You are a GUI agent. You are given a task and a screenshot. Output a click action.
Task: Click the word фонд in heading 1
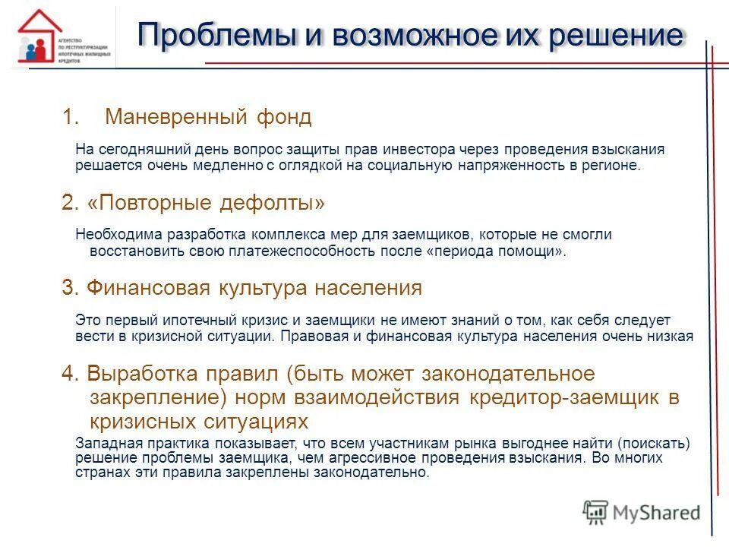point(284,117)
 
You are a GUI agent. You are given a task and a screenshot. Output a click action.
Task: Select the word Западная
point(103,444)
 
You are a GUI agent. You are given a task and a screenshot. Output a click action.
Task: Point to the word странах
point(98,473)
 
